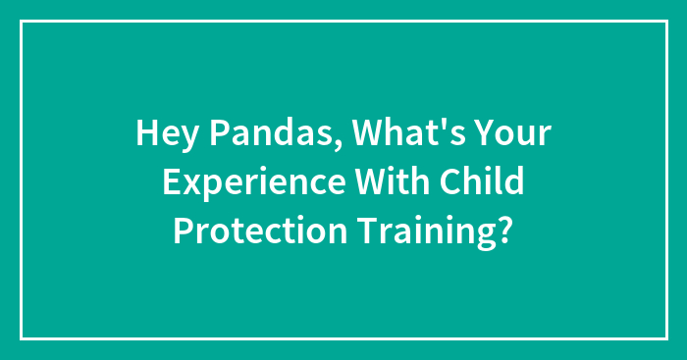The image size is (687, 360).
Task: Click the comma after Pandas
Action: click(x=336, y=145)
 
